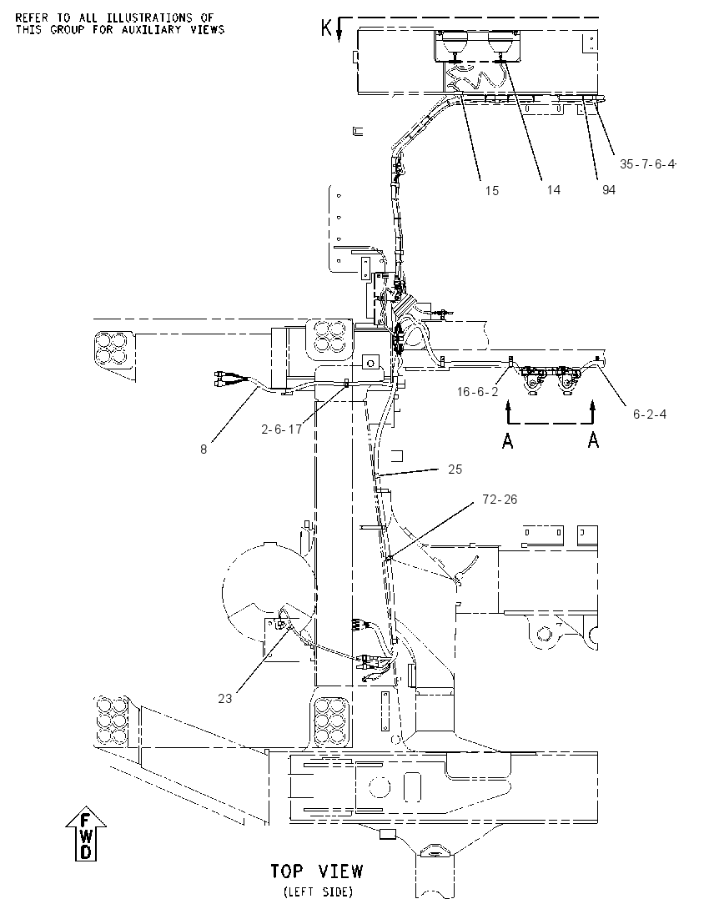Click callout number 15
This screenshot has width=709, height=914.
(491, 191)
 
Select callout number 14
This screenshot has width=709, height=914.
(553, 189)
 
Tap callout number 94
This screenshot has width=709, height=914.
(608, 189)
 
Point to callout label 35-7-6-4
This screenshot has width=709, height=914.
(647, 164)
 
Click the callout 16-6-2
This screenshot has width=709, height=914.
(477, 392)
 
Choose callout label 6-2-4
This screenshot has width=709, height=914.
(650, 414)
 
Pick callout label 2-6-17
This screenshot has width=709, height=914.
(281, 429)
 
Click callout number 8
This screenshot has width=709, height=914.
(204, 449)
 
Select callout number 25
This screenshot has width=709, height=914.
(455, 470)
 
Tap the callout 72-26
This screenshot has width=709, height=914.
(500, 500)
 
